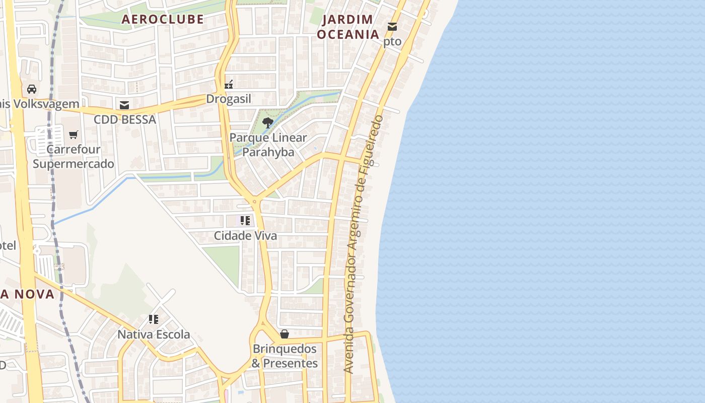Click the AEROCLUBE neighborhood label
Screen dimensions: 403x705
click(163, 19)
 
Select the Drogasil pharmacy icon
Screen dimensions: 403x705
click(229, 85)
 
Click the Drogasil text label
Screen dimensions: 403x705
click(229, 99)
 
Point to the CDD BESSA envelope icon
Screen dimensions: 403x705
click(124, 105)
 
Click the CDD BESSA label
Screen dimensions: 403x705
click(125, 120)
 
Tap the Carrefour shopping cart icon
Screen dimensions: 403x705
click(74, 135)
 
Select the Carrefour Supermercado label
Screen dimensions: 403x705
click(74, 157)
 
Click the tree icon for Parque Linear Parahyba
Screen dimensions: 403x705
click(268, 122)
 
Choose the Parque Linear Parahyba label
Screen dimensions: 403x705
click(268, 145)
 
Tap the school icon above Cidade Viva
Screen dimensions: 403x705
click(245, 220)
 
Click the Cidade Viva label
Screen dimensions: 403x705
click(245, 235)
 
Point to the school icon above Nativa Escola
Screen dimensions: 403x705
click(154, 319)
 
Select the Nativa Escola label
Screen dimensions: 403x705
click(154, 334)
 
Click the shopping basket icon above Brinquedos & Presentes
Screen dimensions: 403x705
click(285, 333)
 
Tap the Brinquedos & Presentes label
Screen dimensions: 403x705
click(285, 356)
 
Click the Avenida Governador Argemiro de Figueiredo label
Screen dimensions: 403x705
click(363, 244)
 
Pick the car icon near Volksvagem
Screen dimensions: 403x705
click(32, 89)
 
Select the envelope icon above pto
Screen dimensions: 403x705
click(392, 27)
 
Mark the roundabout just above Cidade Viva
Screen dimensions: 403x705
click(254, 201)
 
